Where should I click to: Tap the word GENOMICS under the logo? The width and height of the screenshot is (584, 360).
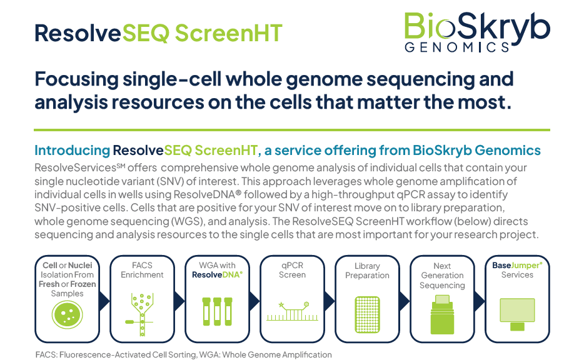tap(456, 47)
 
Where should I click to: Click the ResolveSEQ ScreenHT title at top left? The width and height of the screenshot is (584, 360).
tap(158, 32)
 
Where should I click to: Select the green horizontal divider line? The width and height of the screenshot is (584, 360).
tap(292, 130)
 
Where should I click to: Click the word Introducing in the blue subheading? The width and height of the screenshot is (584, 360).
tap(73, 151)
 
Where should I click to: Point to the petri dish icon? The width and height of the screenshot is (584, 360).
tap(67, 314)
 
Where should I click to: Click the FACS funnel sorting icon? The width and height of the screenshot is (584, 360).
tap(141, 314)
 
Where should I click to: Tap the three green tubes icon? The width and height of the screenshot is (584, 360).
tap(217, 311)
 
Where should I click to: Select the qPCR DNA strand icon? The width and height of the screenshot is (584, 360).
tap(293, 311)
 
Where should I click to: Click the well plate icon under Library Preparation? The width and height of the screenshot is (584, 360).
tap(367, 314)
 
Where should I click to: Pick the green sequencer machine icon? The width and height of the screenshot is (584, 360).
tap(442, 314)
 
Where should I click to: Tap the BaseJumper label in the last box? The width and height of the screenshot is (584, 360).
tap(517, 265)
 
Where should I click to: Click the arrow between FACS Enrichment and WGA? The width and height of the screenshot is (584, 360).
tap(179, 301)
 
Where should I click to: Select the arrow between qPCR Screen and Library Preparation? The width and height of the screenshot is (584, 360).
tap(330, 301)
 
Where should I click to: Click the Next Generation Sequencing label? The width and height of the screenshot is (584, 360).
tap(442, 276)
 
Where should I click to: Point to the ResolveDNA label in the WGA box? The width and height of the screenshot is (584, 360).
tap(217, 275)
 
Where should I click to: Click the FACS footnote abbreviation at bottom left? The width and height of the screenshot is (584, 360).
tap(46, 355)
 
